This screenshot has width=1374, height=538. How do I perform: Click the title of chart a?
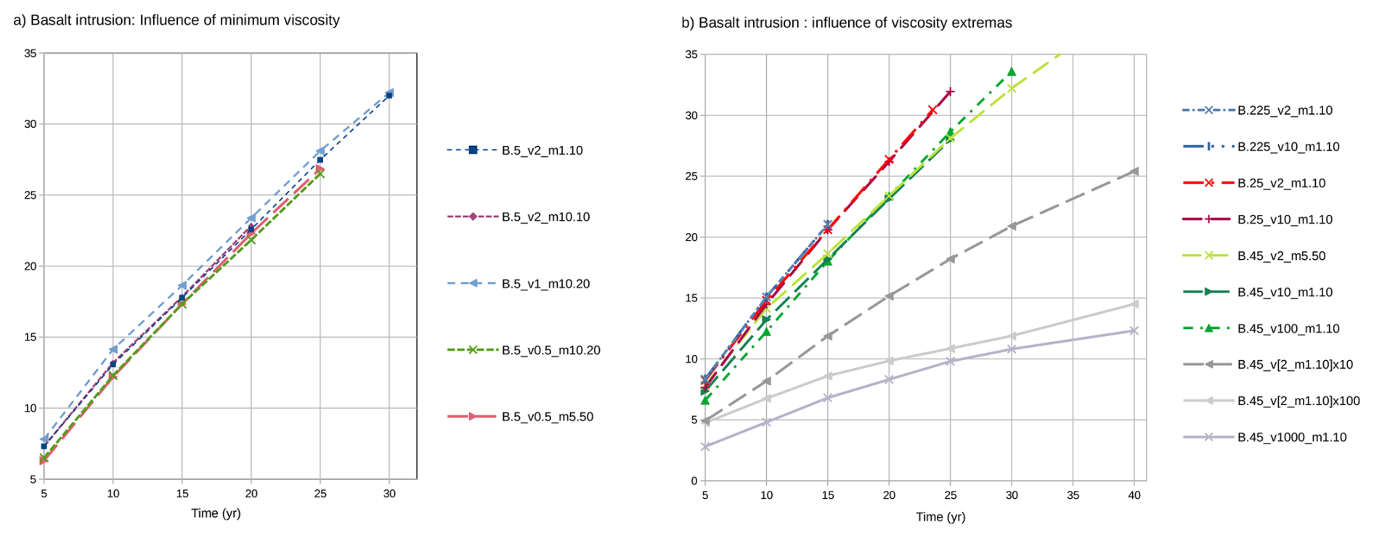pos(176,20)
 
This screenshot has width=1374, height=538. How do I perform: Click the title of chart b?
pos(846,23)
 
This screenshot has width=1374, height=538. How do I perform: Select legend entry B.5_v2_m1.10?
pos(542,150)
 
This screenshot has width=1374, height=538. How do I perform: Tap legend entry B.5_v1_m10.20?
pos(545,284)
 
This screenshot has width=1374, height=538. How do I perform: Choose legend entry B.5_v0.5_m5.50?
pos(547,417)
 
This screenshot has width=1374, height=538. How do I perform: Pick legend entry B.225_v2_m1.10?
pos(1285,110)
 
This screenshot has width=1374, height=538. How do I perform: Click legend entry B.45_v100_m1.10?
pos(1288,328)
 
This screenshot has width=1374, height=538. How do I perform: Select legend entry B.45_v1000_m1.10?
pos(1292,437)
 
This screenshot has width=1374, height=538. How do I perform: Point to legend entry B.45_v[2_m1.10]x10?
pos(1295,364)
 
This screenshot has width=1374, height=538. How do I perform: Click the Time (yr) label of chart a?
pos(216,513)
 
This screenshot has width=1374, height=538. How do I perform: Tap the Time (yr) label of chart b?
pos(940,517)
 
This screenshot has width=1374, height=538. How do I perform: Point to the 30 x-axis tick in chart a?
pos(389,494)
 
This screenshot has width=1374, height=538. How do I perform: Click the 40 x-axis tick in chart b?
pos(1134,495)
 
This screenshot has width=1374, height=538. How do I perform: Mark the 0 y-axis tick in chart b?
pos(694,481)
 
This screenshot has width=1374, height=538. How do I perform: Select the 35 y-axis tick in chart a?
pos(31,53)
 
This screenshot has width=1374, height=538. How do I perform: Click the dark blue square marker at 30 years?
pos(389,95)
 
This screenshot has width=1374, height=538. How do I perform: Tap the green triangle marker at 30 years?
pos(1012,72)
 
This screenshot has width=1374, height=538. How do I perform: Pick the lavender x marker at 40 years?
pos(1134,330)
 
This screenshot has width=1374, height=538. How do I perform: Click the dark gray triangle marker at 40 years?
pos(1134,171)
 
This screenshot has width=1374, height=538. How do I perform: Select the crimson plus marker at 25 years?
pos(951,91)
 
